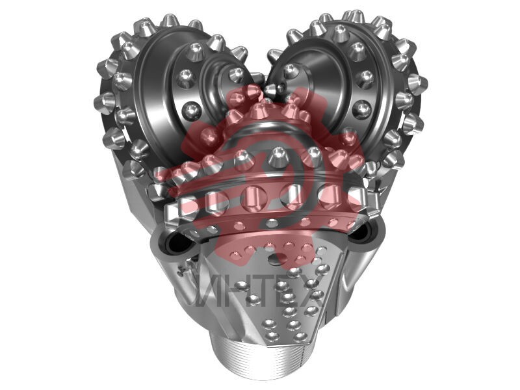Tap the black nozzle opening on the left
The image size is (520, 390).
(x=175, y=246)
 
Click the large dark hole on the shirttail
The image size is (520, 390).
(x=278, y=258)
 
